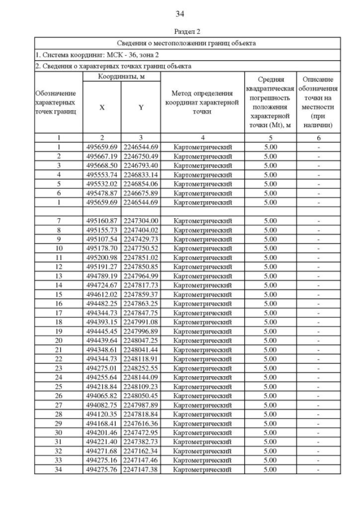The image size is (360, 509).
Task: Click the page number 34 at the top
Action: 180,14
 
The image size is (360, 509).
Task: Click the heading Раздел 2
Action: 180,31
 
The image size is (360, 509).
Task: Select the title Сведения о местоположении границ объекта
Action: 187,43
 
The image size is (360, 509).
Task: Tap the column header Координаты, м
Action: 121,76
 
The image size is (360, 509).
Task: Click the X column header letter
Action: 102,107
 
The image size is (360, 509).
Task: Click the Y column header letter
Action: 141,107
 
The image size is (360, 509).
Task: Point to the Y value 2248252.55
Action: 141,368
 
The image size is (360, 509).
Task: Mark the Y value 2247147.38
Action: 141,469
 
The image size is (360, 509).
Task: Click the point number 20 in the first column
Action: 58,340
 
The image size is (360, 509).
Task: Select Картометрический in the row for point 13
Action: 202,276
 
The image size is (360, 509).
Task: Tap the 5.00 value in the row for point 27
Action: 270,405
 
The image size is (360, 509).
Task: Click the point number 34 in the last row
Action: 58,469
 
